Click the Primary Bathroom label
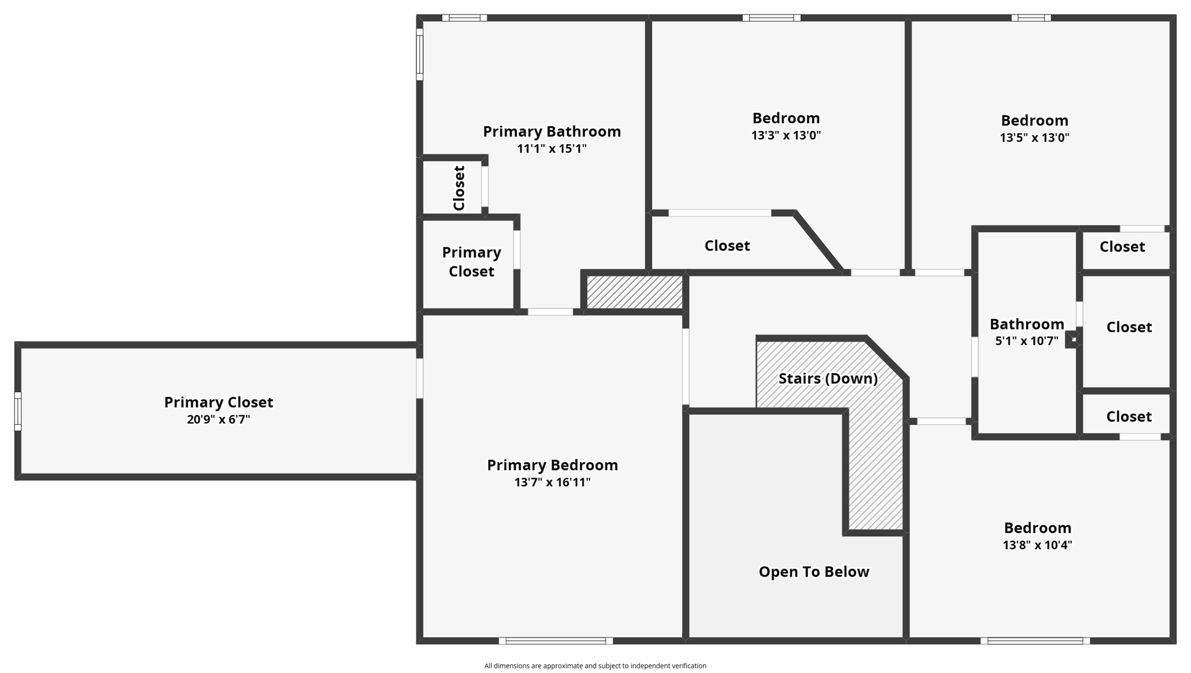click(552, 131)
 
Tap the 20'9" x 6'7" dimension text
click(218, 419)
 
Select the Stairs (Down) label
click(828, 379)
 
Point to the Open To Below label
click(814, 572)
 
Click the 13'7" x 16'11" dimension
click(552, 482)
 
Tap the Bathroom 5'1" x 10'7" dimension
click(1026, 341)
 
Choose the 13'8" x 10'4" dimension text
click(1037, 545)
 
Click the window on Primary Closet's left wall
click(18, 411)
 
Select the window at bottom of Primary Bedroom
click(555, 641)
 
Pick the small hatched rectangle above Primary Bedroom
click(634, 292)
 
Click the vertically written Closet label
click(459, 188)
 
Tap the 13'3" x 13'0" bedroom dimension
click(786, 136)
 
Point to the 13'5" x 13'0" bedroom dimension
click(1034, 138)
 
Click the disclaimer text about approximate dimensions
click(595, 666)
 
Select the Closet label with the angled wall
click(727, 245)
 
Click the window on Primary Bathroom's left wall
click(419, 54)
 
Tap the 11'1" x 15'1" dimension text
click(551, 148)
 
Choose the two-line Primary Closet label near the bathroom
click(471, 262)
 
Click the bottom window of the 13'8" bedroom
click(1035, 641)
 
